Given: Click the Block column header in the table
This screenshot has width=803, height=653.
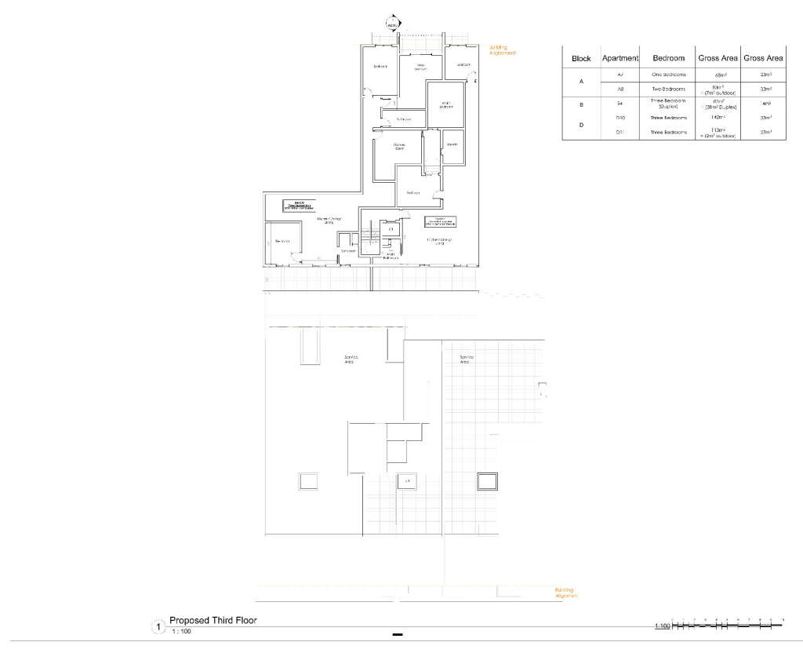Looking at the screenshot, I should coord(581,58).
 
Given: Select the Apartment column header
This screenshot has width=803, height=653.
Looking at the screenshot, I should coord(620,58).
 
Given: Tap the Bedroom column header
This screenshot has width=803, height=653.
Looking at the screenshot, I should coord(669,58).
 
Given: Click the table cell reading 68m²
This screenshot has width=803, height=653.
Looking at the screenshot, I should coord(718,75).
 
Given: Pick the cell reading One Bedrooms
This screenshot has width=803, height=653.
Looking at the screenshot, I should coord(669,75).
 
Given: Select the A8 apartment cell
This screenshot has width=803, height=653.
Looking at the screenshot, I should coord(620,89).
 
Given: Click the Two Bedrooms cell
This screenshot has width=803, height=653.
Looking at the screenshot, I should coord(669,89).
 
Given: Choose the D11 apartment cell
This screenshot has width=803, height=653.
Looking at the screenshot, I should coord(620,133).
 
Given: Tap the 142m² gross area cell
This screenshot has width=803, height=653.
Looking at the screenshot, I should coord(718,117).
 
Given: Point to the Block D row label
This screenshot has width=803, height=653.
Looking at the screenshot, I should coord(581,125).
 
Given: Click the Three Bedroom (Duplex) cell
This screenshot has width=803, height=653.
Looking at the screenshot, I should coord(669,104).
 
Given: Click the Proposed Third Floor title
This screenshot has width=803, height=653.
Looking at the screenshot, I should coord(213,620).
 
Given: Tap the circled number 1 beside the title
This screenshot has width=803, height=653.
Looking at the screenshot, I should coord(159,627).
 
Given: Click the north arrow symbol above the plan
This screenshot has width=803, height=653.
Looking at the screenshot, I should coord(393,23).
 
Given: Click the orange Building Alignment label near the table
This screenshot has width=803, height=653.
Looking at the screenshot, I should coord(503,50).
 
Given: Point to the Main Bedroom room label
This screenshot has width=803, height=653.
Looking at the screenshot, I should coord(445,104).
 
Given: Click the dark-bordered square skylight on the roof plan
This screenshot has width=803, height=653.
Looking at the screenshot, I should coord(489,480).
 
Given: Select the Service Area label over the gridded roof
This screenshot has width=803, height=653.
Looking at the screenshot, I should coord(466,359).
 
